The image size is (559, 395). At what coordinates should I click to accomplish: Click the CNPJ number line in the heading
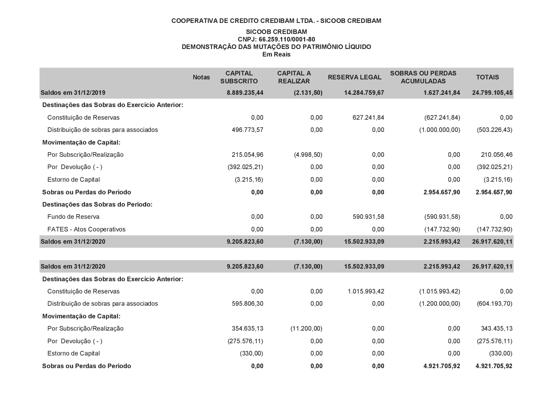coord(276,39)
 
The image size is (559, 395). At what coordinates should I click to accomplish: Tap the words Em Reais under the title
coord(276,54)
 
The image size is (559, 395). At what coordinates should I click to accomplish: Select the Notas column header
coord(201,77)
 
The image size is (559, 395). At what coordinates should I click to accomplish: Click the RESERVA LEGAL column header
coord(354,77)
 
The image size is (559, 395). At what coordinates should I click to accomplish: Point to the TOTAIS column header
coord(487,77)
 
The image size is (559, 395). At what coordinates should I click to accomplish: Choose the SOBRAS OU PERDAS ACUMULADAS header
coord(423,77)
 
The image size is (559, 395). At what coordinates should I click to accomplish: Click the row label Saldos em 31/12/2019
coord(73,93)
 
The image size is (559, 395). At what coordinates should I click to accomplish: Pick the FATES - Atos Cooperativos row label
coord(86,229)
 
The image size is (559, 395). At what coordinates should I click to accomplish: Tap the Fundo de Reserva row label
coord(73,216)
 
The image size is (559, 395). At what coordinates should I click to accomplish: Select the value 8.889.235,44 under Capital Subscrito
coord(245,93)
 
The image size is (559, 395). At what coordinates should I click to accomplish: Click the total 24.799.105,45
coord(492,93)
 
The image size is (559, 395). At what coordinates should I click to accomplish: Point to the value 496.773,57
coord(247,130)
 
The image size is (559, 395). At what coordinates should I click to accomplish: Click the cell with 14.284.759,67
coord(364,93)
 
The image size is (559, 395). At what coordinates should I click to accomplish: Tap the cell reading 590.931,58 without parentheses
coord(366,216)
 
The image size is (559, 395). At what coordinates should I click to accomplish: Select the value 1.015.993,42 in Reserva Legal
coord(366,292)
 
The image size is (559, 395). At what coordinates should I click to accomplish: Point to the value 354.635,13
coord(247,328)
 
